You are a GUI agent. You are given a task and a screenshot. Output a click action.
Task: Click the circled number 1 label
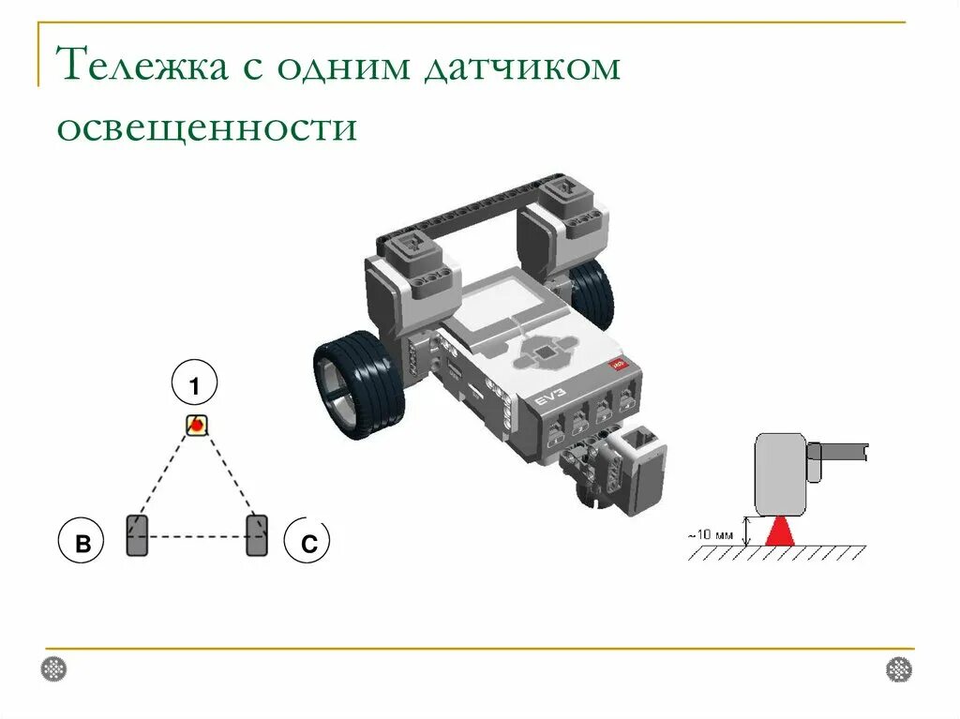point(195,386)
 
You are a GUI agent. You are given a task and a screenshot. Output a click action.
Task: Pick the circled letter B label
point(83,544)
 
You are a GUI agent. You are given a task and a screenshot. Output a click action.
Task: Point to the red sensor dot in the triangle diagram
point(196,426)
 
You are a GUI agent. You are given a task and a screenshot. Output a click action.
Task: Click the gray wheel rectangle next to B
point(137,535)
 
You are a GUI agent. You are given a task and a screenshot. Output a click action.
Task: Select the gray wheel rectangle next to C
point(256,535)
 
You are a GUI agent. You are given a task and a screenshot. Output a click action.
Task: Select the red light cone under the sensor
point(780,532)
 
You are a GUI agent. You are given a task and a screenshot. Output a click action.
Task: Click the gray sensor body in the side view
point(781,473)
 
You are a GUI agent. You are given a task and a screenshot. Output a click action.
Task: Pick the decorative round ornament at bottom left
point(54,669)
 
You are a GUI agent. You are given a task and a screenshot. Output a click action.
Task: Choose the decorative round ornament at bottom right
point(898,669)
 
